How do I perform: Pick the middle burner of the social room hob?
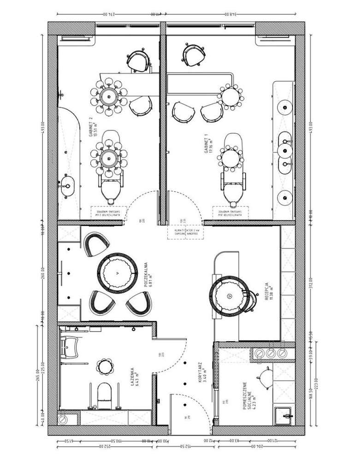click(x=271, y=353)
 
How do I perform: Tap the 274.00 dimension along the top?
click(x=107, y=14)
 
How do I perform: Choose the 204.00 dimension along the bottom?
click(x=252, y=446)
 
